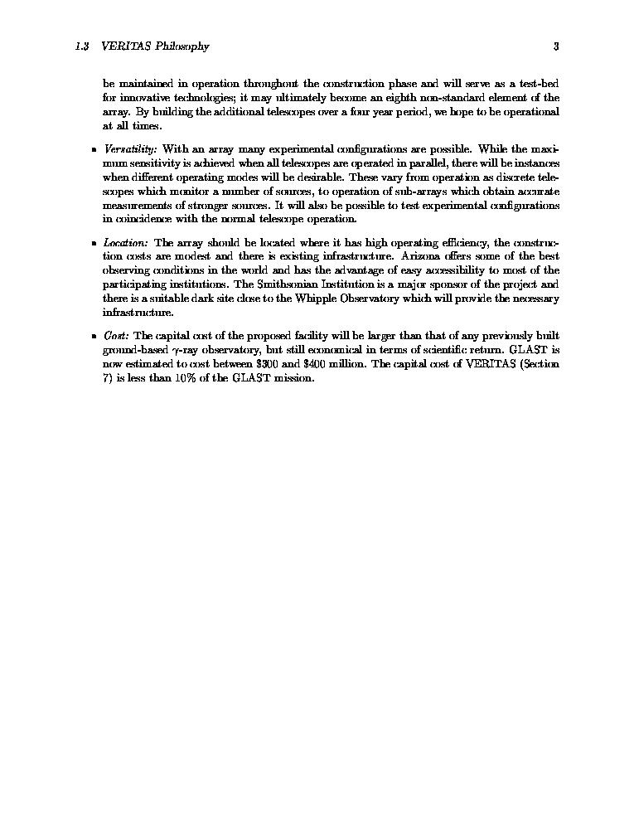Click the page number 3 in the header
[556, 46]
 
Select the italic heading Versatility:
[131, 149]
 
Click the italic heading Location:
[126, 243]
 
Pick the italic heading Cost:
[116, 336]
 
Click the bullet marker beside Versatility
[93, 150]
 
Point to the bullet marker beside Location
[93, 244]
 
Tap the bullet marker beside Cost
[93, 337]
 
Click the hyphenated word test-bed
[540, 83]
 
